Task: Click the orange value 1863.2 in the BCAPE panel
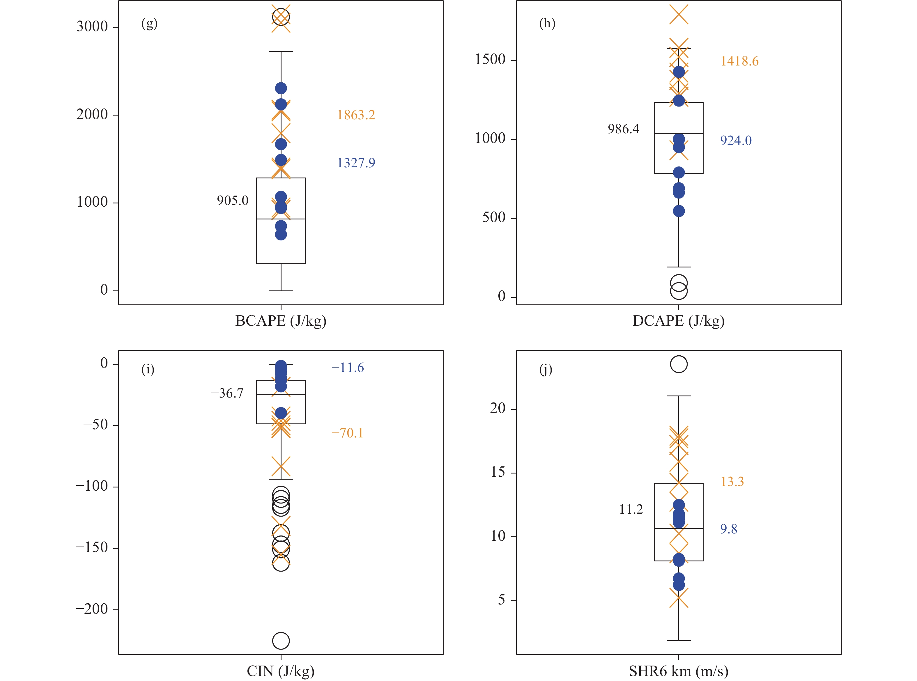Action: pos(356,115)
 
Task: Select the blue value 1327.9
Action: pos(356,163)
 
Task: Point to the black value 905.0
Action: pos(233,201)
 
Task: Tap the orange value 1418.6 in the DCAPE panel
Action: pos(739,61)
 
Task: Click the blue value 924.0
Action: pos(736,141)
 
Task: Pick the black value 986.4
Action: pos(623,129)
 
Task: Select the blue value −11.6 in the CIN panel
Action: pos(348,368)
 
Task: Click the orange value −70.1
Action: pos(347,433)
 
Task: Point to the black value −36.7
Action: pos(227,393)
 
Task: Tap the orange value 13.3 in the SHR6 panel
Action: pos(732,481)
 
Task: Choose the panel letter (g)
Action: pos(149,24)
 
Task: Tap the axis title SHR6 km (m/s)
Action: pos(678,671)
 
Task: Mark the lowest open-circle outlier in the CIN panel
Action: pos(281,641)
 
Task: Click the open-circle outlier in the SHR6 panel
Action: pos(679,364)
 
